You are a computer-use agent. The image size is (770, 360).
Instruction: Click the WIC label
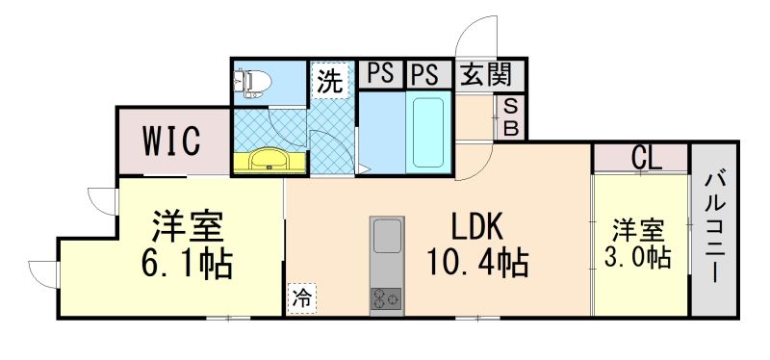tap(173, 141)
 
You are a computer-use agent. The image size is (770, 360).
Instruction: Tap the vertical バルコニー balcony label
tap(715, 226)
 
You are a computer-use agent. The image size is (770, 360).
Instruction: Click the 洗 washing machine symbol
tap(329, 83)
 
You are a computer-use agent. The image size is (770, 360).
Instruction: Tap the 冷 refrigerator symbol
tap(300, 298)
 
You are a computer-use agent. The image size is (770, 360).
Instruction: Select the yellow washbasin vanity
tap(268, 161)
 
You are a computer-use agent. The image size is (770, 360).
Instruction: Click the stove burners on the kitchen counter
tap(387, 298)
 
